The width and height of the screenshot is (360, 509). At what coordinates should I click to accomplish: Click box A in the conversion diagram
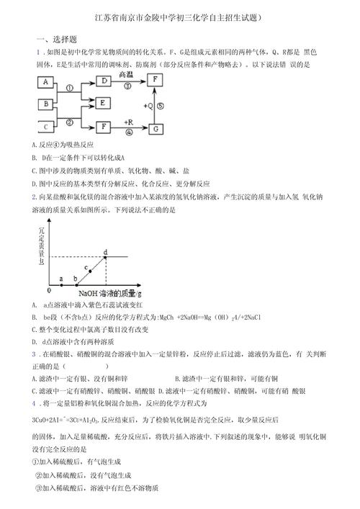click(x=45, y=82)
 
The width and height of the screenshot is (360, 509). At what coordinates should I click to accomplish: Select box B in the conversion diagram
click(x=45, y=104)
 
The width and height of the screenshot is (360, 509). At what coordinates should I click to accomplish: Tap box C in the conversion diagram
click(x=45, y=127)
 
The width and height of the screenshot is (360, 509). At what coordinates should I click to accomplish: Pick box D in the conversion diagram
click(x=104, y=82)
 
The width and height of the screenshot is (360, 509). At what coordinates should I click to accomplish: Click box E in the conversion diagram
click(x=104, y=104)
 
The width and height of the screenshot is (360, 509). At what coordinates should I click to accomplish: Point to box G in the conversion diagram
click(x=156, y=127)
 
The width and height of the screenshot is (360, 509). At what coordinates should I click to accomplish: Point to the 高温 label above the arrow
click(x=126, y=75)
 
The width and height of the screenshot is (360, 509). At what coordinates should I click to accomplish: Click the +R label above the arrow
click(x=128, y=122)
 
